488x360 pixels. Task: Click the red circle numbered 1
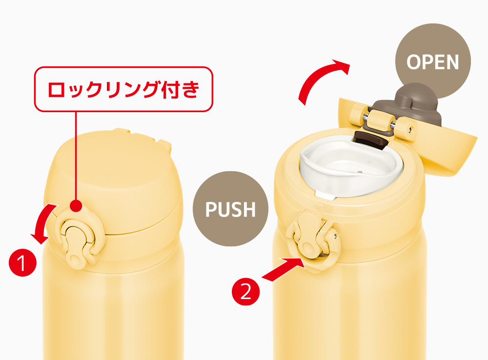(x=22, y=262)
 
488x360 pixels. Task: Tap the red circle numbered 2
(x=246, y=292)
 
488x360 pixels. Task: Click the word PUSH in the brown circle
(x=231, y=209)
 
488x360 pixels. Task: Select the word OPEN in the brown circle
(x=432, y=62)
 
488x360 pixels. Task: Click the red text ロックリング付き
(x=123, y=89)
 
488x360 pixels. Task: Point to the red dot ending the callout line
(x=76, y=206)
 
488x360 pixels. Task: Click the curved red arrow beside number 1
(x=42, y=223)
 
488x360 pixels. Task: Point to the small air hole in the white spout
(x=360, y=172)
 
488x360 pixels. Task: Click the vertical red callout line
(x=76, y=156)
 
